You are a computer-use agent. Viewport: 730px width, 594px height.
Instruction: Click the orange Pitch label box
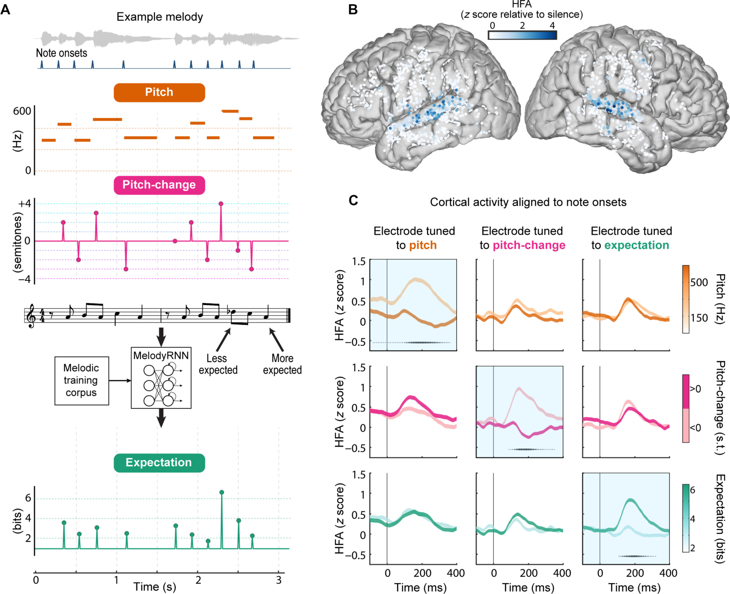(x=159, y=92)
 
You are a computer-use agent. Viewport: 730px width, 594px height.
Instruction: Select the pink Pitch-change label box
(x=159, y=185)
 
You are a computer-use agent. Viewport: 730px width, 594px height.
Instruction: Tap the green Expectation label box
(x=159, y=463)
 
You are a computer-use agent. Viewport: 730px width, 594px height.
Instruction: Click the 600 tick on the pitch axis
(x=22, y=111)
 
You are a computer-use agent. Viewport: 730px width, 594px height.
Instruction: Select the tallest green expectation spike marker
(x=222, y=492)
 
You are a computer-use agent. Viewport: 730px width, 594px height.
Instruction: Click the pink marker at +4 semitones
(x=221, y=204)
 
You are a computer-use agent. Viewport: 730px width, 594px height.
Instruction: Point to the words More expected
(x=282, y=364)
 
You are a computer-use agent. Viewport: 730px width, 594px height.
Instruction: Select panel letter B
(x=353, y=10)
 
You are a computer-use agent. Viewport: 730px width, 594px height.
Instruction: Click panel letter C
(x=353, y=200)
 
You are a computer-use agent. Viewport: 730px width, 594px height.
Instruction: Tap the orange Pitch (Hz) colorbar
(x=686, y=299)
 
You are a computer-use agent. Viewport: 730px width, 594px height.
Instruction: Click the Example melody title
(x=160, y=17)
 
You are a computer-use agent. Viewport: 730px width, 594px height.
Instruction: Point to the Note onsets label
(x=62, y=53)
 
